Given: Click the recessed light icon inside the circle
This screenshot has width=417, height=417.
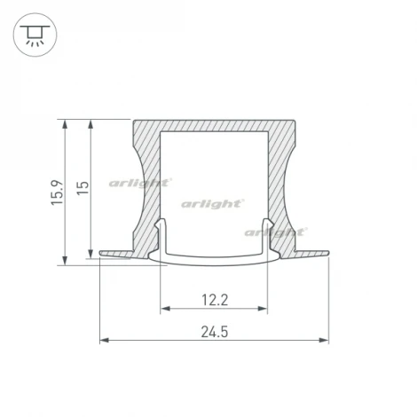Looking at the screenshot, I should (x=33, y=34).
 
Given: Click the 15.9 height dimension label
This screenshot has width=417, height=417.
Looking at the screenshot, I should (x=57, y=192).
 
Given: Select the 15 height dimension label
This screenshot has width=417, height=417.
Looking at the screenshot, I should (x=83, y=188).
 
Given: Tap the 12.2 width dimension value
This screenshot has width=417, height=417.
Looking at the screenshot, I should (x=214, y=299).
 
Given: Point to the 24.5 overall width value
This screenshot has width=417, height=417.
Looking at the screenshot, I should (x=214, y=332).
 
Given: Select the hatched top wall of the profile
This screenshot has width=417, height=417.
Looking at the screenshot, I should (x=214, y=127).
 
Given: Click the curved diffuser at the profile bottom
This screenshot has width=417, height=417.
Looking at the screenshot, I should (x=214, y=258).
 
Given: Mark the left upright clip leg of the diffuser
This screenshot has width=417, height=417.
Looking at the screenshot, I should (x=161, y=235).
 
